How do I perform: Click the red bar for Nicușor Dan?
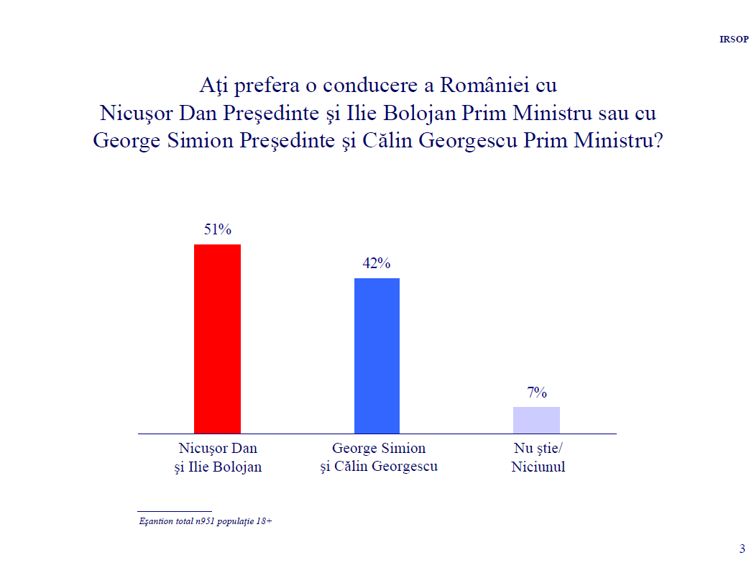pyautogui.click(x=217, y=339)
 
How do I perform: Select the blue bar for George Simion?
pyautogui.click(x=377, y=355)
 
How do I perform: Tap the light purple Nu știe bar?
pyautogui.click(x=536, y=420)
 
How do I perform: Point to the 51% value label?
pyautogui.click(x=217, y=230)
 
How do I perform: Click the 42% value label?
pyautogui.click(x=377, y=264)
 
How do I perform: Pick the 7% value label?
pyautogui.click(x=537, y=393)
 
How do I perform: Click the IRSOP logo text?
pyautogui.click(x=734, y=39)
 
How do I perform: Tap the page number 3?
pyautogui.click(x=742, y=549)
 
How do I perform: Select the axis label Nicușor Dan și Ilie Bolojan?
pyautogui.click(x=218, y=457)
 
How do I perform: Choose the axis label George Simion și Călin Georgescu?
pyautogui.click(x=379, y=457)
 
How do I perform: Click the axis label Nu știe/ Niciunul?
pyautogui.click(x=538, y=457)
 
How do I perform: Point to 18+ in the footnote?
pyautogui.click(x=264, y=521)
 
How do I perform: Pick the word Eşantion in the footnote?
pyautogui.click(x=156, y=521)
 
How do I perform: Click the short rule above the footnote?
pyautogui.click(x=174, y=510)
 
